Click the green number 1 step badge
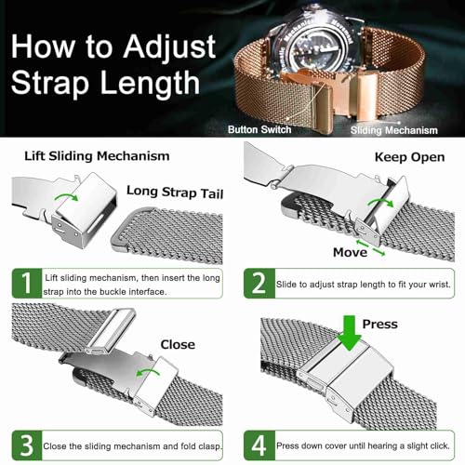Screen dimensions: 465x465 27,284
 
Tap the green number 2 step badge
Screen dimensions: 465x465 259,284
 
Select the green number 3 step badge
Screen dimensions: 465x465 27,445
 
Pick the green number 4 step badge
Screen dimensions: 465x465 259,445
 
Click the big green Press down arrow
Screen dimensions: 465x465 350,332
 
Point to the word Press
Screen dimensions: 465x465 380,325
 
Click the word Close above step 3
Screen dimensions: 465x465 178,344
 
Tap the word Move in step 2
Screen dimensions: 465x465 350,252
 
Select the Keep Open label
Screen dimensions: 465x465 409,157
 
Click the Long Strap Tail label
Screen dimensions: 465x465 175,193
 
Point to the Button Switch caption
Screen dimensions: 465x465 259,129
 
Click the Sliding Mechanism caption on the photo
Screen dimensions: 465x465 394,130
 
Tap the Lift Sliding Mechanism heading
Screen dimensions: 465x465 97,156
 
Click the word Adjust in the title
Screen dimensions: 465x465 169,46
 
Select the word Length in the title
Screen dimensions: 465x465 151,83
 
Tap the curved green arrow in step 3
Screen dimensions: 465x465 148,372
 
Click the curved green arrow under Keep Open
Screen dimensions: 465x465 380,202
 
